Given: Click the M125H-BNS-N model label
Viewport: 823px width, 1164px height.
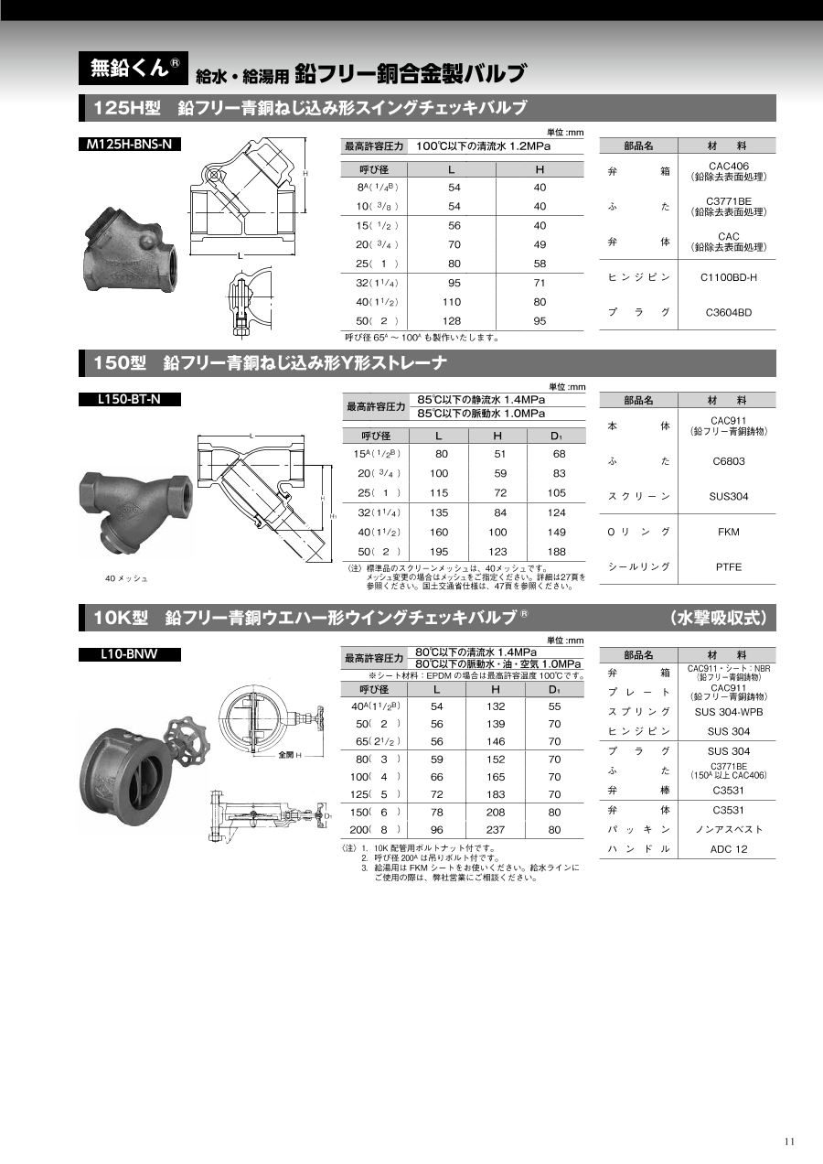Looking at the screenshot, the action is (x=129, y=144).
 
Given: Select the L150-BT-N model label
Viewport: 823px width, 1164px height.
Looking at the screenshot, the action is (x=129, y=399).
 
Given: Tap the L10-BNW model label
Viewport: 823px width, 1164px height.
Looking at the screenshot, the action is (x=129, y=654).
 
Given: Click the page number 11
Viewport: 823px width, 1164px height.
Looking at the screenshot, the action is (x=790, y=1141).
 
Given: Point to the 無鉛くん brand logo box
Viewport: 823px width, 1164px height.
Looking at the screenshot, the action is (x=134, y=68).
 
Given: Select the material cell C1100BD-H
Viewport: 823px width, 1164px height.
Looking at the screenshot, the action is (x=729, y=277).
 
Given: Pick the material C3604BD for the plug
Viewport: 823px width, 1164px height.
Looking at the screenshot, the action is (x=729, y=313).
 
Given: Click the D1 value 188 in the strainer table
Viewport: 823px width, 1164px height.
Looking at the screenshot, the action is (x=556, y=552).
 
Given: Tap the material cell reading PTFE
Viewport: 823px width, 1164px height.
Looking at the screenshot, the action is (x=729, y=567).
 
